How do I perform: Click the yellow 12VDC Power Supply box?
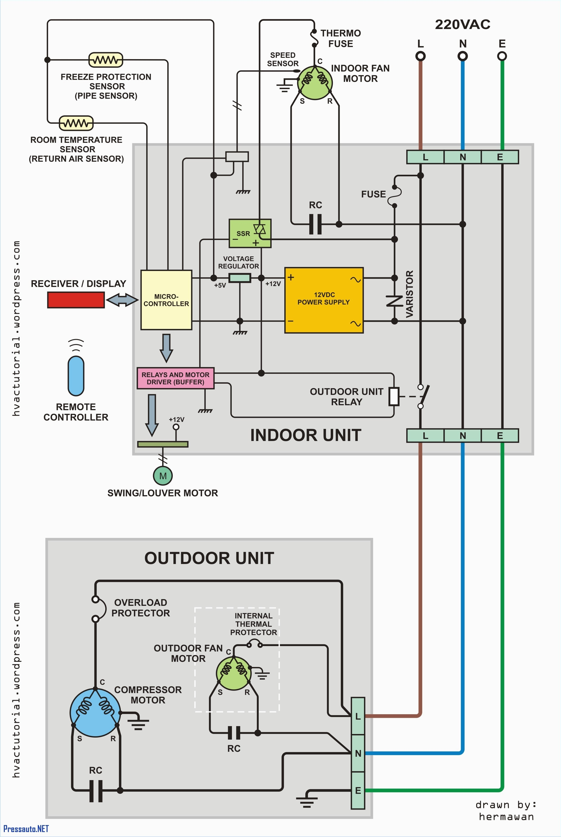point(324,300)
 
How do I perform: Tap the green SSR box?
point(250,233)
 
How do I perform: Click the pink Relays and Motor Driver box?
point(175,378)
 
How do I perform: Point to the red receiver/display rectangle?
point(76,300)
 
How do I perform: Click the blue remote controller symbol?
point(76,376)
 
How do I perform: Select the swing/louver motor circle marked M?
point(163,476)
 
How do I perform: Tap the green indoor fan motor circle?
point(315,82)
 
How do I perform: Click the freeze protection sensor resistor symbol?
point(105,60)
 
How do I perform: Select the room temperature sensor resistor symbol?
point(76,123)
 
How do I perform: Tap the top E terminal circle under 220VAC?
point(502,56)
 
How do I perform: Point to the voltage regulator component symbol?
point(239,278)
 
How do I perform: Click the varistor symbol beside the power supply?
point(394,300)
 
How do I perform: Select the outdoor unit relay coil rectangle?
point(394,396)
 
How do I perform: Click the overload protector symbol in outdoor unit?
point(96,609)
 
